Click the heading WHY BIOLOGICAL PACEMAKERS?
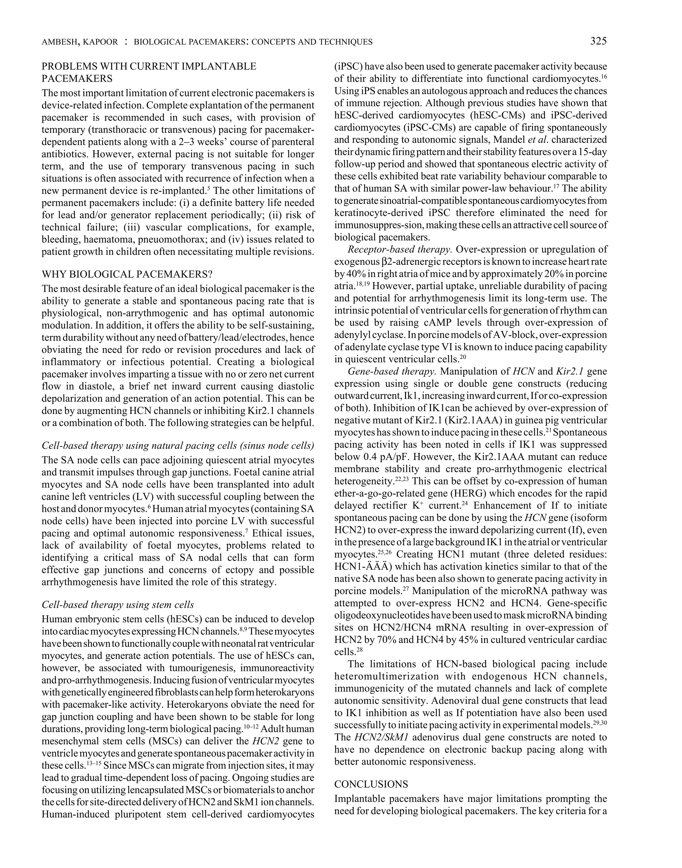click(x=127, y=274)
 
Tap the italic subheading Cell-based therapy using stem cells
click(x=118, y=605)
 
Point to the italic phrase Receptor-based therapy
click(x=400, y=249)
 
